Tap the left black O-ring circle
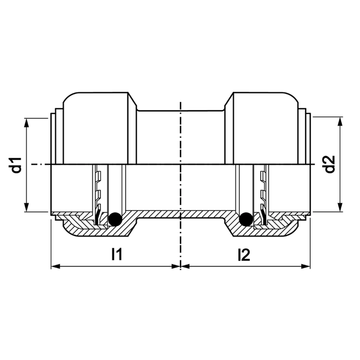pyautogui.click(x=115, y=219)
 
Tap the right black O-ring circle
pyautogui.click(x=245, y=220)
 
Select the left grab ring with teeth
pyautogui.click(x=98, y=194)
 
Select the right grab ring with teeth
pyautogui.click(x=262, y=194)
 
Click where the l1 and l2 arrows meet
pyautogui.click(x=181, y=266)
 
